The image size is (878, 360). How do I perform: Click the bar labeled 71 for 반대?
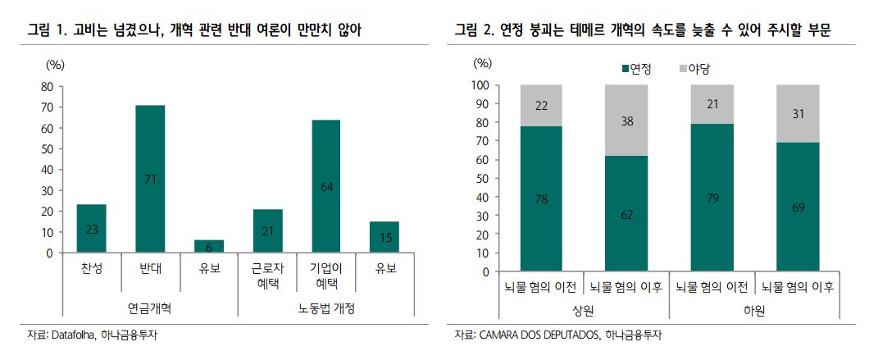point(150,179)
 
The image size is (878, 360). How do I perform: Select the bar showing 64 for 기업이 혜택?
point(325,186)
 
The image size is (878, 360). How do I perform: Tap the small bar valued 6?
point(209,246)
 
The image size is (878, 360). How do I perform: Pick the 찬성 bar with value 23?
point(91,229)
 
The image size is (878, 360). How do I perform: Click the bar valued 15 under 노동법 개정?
point(384,237)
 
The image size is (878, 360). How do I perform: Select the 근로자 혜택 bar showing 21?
point(267,230)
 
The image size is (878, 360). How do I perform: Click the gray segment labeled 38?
point(626,120)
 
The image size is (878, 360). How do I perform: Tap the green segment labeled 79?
point(712,198)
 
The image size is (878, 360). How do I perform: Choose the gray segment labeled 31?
point(798,113)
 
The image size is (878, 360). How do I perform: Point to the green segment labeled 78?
point(540,198)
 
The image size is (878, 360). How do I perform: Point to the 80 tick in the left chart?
point(46,86)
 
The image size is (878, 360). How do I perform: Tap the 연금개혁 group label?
point(149,308)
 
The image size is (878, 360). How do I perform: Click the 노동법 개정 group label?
point(325,308)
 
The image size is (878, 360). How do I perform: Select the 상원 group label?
point(583,311)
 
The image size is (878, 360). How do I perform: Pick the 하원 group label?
point(754,311)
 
